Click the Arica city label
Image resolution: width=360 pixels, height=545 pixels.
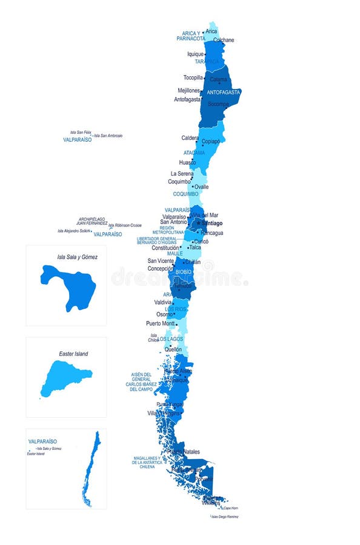pyautogui.click(x=211, y=31)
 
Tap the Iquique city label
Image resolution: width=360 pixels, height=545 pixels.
pyautogui.click(x=195, y=54)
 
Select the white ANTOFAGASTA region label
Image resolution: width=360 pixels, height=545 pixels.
pyautogui.click(x=224, y=93)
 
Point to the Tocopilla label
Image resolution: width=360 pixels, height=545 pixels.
pyautogui.click(x=193, y=78)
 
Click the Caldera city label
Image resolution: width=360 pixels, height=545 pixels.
pyautogui.click(x=190, y=138)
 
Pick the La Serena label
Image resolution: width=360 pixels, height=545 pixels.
pyautogui.click(x=182, y=174)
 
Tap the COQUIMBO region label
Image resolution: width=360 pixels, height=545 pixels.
pyautogui.click(x=185, y=194)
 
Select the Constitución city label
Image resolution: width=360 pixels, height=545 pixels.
pyautogui.click(x=165, y=248)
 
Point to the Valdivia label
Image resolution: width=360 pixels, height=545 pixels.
pyautogui.click(x=163, y=302)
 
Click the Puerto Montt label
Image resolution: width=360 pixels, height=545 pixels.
pyautogui.click(x=161, y=323)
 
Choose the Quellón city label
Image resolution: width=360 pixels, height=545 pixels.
pyautogui.click(x=173, y=349)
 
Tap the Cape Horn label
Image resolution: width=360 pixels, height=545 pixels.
pyautogui.click(x=230, y=507)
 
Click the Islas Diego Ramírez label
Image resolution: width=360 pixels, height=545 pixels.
pyautogui.click(x=225, y=517)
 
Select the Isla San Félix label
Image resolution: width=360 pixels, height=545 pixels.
pyautogui.click(x=80, y=132)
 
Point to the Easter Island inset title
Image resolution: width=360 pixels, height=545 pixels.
pyautogui.click(x=73, y=354)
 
